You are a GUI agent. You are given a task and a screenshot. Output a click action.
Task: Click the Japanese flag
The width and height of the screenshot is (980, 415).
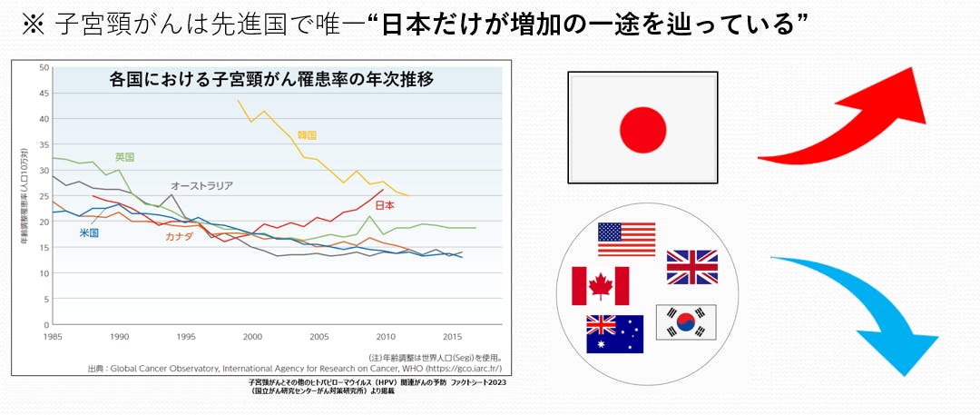642,126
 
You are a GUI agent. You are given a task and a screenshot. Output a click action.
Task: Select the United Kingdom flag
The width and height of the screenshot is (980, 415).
691,267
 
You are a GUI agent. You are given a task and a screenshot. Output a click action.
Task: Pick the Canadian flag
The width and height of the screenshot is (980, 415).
600,286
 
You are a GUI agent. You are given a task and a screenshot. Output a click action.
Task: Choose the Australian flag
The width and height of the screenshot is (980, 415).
614,333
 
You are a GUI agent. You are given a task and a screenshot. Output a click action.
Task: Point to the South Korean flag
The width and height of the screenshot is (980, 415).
686,321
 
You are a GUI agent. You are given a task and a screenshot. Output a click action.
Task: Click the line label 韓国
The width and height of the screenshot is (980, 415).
306,135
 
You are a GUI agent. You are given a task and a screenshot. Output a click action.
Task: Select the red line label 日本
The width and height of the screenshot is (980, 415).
385,205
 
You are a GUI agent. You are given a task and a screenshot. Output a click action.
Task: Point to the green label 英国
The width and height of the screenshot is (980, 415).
124,157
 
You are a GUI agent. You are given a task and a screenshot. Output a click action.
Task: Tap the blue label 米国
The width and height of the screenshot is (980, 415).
89,232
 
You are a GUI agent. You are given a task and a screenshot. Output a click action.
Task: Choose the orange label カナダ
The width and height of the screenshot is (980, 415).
178,236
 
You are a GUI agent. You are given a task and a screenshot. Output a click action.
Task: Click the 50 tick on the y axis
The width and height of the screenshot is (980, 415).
43,67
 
